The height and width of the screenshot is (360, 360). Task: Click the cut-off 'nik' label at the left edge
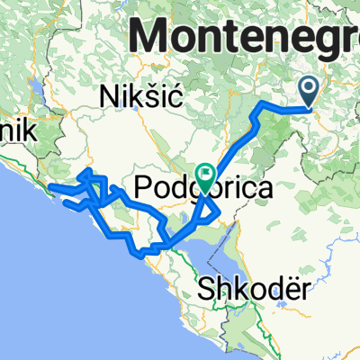tap(17, 130)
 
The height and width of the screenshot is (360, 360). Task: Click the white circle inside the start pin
tap(309, 86)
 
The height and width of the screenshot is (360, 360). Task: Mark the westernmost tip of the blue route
tap(49, 187)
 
